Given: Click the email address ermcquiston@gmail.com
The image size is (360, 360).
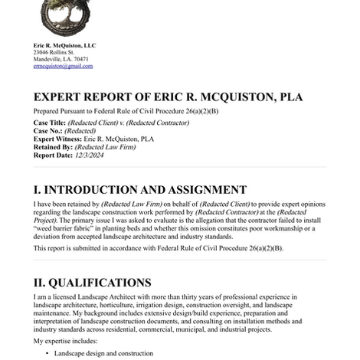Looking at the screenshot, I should tap(62, 67).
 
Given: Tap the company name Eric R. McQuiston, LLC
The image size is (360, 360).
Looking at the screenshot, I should tap(64, 46).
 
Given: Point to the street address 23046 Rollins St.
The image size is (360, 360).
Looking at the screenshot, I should tap(54, 53).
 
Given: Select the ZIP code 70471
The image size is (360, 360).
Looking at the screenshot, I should tap(80, 60).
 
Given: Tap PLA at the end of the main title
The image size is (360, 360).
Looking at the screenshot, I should tap(290, 97).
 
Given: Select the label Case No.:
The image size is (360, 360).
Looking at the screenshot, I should tap(48, 131).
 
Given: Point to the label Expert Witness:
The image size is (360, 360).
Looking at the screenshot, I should tap(57, 139).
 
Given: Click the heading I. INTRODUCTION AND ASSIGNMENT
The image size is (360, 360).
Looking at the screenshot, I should tap(140, 190).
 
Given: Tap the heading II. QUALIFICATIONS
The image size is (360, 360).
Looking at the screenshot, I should tap(92, 283).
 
